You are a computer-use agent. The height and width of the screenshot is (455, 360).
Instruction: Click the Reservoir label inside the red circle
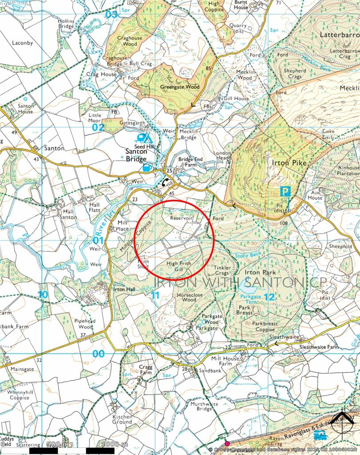(182, 218)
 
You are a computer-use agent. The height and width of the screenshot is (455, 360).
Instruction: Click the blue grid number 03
(111, 15)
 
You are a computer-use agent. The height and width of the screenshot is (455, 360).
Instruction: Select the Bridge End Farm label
(190, 162)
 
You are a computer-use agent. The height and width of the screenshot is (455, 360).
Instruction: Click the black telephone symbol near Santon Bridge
(165, 181)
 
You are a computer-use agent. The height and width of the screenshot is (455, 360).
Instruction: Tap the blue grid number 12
(268, 296)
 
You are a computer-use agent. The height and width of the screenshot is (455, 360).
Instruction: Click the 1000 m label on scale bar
(115, 444)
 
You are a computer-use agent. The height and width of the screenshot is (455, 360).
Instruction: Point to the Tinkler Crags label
(222, 271)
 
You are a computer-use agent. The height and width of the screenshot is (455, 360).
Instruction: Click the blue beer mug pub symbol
(146, 168)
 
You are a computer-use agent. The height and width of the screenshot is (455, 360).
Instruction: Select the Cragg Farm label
(146, 370)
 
